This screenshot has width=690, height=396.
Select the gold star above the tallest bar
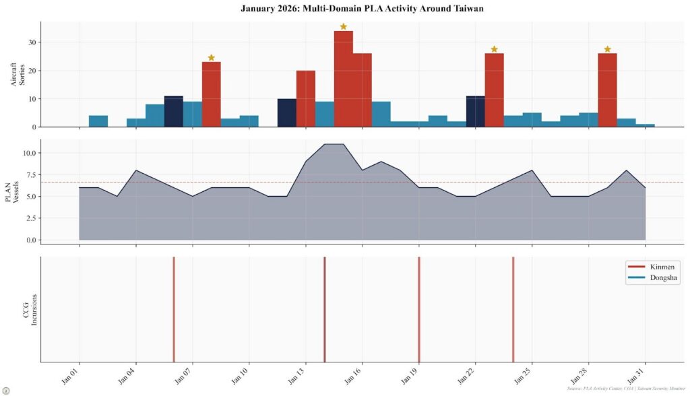343,27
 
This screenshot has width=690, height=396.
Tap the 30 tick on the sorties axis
32,42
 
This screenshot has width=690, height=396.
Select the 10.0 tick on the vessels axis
28,153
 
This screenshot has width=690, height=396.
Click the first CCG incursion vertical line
174,310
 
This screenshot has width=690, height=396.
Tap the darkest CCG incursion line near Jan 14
325,310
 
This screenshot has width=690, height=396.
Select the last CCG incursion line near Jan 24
513,310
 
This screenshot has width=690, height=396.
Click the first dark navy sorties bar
174,112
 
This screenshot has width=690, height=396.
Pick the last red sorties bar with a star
607,90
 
